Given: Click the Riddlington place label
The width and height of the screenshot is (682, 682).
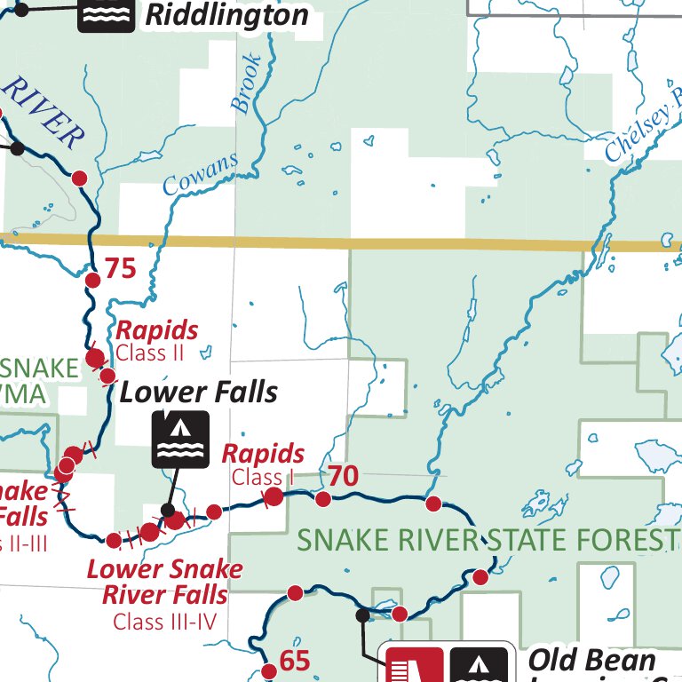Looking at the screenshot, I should (x=226, y=14).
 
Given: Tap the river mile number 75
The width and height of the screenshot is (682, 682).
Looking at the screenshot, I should (x=121, y=267).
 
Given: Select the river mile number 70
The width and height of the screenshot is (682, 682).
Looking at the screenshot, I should (x=343, y=477).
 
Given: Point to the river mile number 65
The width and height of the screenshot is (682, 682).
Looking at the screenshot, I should (x=294, y=661).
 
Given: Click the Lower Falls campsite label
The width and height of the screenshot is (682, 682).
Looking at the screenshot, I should (x=199, y=392).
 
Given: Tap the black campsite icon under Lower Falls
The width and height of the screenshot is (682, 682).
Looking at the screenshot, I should (x=181, y=439).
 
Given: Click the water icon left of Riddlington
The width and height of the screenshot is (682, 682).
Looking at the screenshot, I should (x=106, y=13).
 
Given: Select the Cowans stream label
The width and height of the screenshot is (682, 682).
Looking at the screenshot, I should (x=202, y=172).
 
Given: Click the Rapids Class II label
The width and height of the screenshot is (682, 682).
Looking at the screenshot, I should (x=157, y=340).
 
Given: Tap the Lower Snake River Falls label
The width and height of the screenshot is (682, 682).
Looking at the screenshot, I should (x=164, y=581).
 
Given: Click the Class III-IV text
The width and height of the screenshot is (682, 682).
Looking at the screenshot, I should (x=164, y=622).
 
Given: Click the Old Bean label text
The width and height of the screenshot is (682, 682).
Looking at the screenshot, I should (x=591, y=661).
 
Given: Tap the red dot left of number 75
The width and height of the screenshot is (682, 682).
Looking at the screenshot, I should (x=92, y=281).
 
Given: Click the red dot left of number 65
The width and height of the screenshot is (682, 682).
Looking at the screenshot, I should (x=269, y=671).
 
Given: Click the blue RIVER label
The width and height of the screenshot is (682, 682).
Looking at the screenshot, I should (x=44, y=113).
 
